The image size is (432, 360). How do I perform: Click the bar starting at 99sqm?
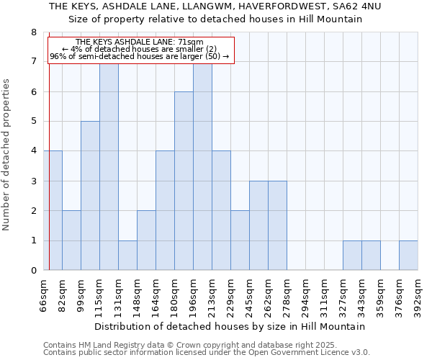point(90,196)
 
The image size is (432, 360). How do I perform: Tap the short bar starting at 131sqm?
point(127,255)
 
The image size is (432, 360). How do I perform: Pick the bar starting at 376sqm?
point(408,255)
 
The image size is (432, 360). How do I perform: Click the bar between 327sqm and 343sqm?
point(352,255)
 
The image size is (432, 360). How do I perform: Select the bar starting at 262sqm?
point(277,225)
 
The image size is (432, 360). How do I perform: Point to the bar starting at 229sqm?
point(240,240)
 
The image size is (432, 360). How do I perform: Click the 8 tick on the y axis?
point(33,32)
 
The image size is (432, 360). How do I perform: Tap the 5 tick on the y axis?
point(33,122)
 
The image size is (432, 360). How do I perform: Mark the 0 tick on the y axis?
point(33,271)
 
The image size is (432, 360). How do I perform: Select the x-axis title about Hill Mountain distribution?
point(230,326)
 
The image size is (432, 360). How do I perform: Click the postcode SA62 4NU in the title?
point(357,6)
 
